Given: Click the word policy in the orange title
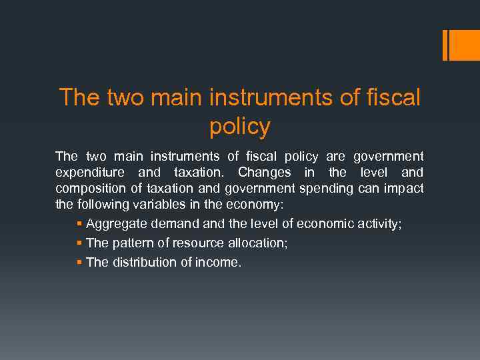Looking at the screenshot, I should point(240,126).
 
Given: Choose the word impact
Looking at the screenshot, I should point(403,189).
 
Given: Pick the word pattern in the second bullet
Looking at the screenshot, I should point(133,243).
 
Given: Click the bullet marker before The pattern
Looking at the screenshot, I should point(80,243).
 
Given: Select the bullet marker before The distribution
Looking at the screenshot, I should point(80,262).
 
